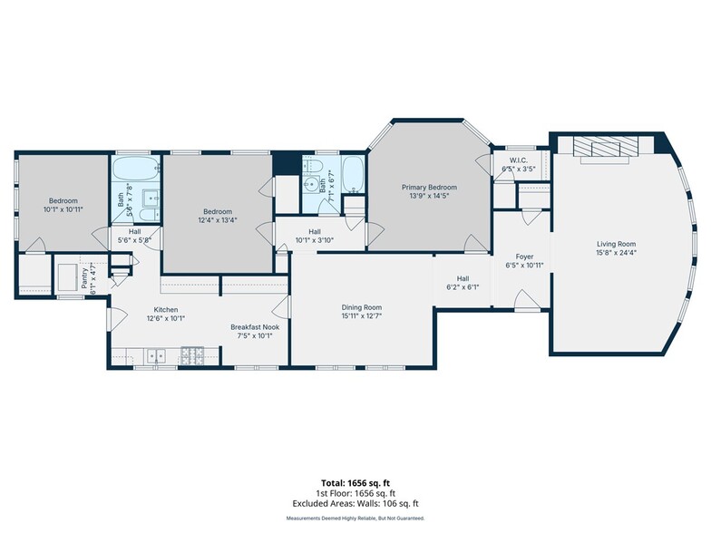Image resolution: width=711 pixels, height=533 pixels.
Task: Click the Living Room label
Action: click(x=617, y=244)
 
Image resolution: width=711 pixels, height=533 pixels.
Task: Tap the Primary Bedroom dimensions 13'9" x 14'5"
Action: click(x=429, y=196)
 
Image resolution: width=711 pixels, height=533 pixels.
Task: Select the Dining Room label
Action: click(x=361, y=307)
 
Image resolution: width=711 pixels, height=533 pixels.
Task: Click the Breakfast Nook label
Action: click(x=255, y=326)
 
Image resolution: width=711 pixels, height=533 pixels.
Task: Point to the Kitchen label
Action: click(x=165, y=310)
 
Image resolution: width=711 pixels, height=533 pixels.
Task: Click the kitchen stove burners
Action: click(x=192, y=355)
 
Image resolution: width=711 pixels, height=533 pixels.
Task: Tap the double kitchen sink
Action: click(x=156, y=356)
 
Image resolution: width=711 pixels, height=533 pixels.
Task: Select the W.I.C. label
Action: click(x=519, y=160)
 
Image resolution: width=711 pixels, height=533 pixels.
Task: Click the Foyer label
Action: click(x=524, y=257)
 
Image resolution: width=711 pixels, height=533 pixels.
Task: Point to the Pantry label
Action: click(x=84, y=278)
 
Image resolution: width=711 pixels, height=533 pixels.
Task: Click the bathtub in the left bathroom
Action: click(x=136, y=169)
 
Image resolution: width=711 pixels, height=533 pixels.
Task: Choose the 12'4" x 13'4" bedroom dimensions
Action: click(x=218, y=220)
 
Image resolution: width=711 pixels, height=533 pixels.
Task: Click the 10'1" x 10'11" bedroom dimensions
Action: click(x=63, y=209)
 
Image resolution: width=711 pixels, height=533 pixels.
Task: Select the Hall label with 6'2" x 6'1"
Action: click(x=463, y=278)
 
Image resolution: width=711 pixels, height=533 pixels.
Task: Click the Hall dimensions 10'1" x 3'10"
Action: click(x=315, y=240)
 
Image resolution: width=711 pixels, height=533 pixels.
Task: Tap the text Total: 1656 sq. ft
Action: click(x=355, y=483)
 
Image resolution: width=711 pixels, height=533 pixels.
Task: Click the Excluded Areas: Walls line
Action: click(x=355, y=504)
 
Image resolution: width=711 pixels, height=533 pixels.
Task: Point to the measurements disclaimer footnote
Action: click(x=355, y=518)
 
